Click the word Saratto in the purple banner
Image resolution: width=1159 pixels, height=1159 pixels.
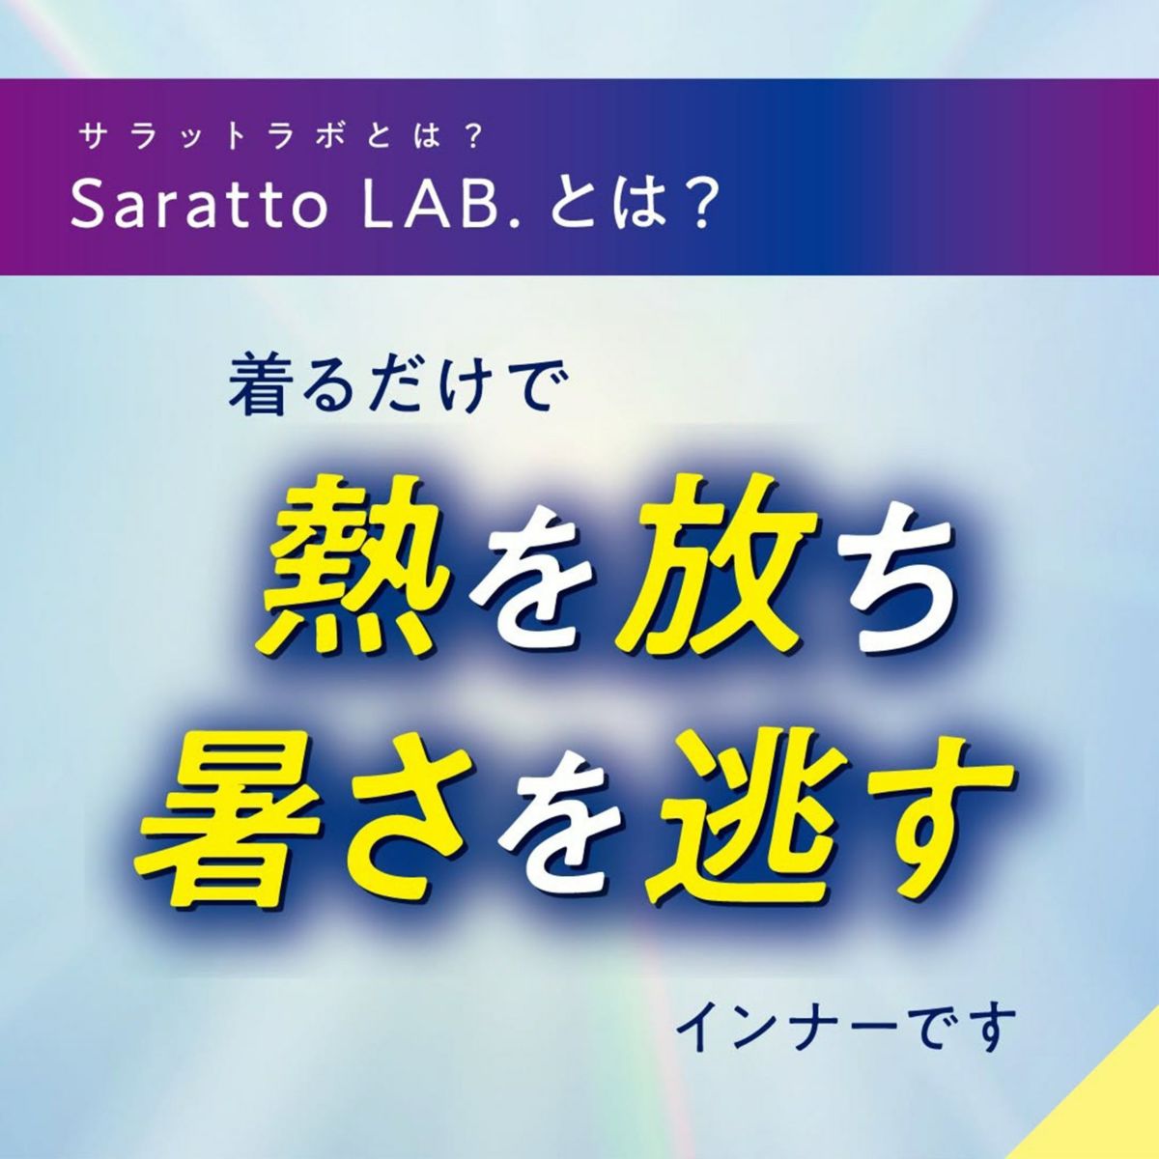199,207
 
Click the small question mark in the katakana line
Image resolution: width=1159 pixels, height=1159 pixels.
472,138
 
